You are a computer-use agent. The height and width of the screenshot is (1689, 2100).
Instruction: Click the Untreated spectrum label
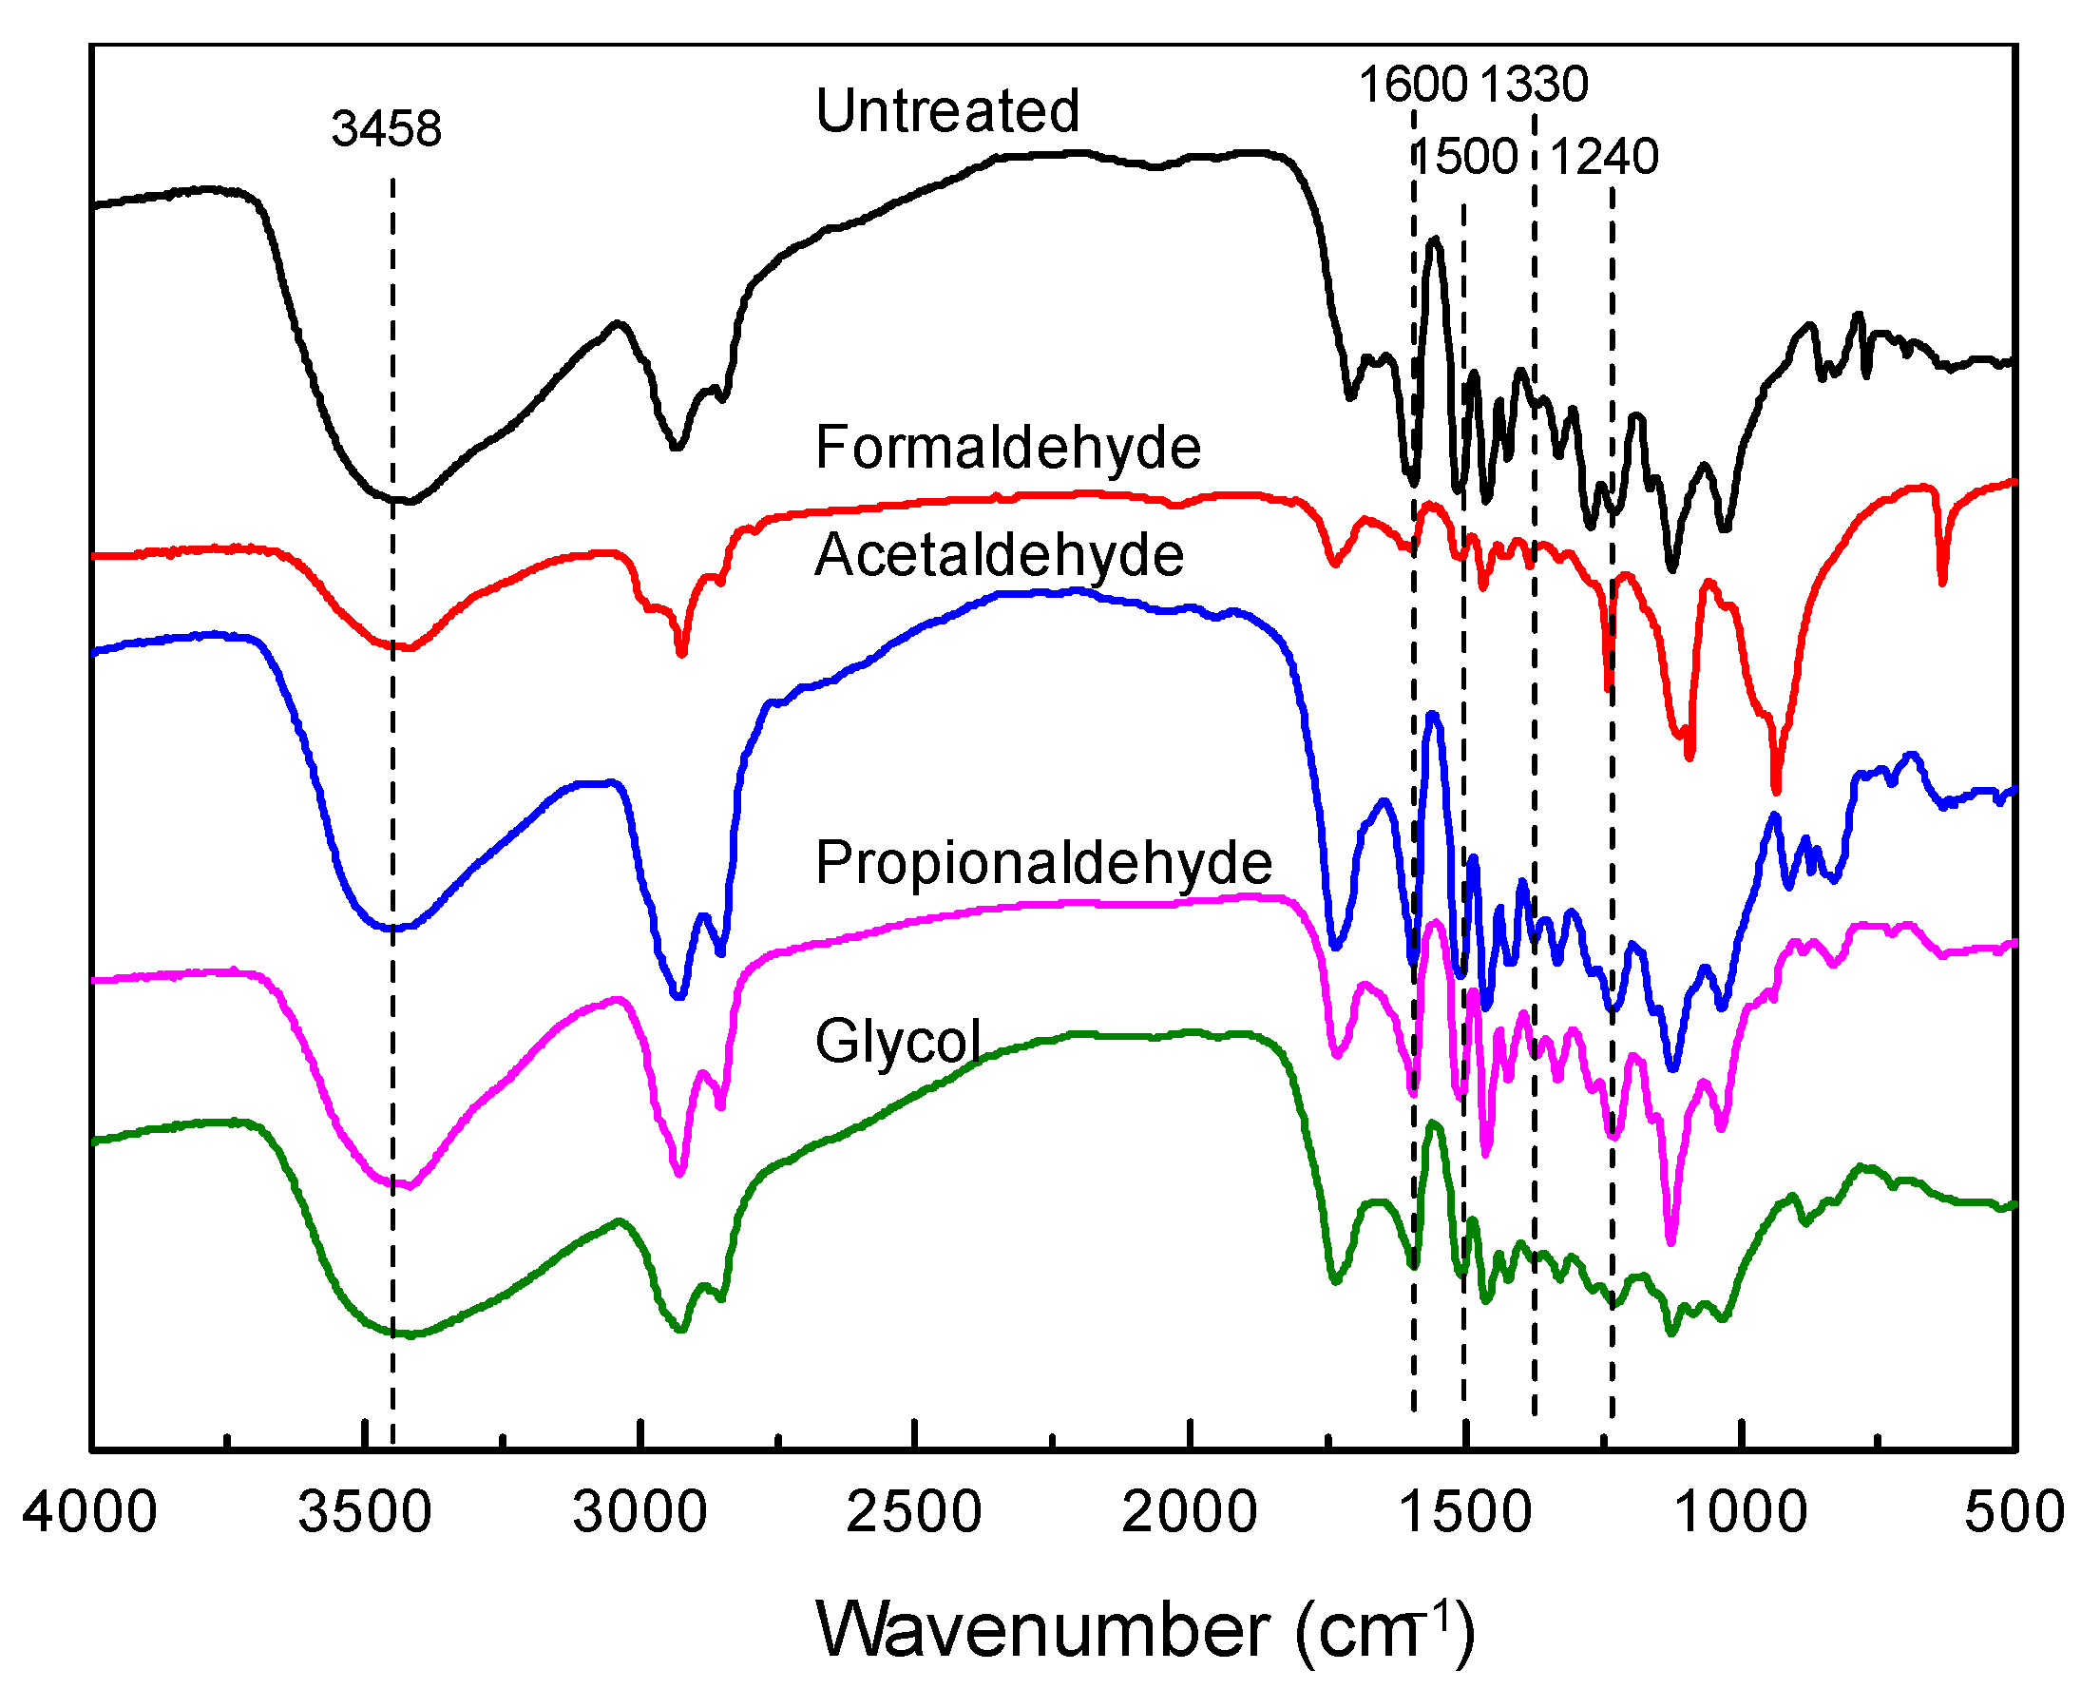click(x=946, y=110)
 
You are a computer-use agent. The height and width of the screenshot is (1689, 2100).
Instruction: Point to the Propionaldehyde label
click(x=1043, y=862)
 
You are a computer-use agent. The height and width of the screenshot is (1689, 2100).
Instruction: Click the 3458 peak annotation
click(x=386, y=128)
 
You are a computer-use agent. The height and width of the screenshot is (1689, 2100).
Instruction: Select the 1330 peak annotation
click(x=1533, y=84)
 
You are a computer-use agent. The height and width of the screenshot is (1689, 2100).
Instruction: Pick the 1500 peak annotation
click(x=1465, y=156)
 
